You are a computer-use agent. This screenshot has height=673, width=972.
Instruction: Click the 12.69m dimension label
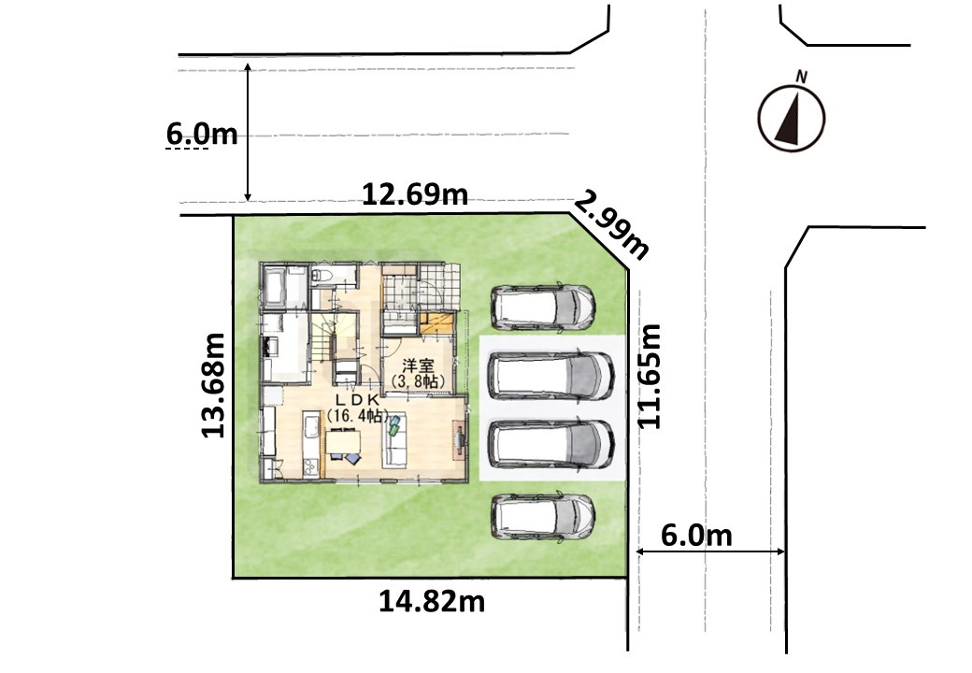point(415,194)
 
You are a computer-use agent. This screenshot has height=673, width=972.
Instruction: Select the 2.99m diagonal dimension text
point(611,224)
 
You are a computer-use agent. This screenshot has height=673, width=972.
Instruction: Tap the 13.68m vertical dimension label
point(213,385)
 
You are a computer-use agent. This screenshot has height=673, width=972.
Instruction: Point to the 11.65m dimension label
point(650,376)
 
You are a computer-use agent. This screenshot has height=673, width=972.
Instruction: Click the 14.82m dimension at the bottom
point(432,601)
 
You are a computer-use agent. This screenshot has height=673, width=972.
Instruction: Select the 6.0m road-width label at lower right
point(696,536)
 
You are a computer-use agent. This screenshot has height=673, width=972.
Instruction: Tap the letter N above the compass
point(802,77)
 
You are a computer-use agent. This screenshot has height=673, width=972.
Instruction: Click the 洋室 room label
point(418,365)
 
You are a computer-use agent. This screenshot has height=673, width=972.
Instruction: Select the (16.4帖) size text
point(358,415)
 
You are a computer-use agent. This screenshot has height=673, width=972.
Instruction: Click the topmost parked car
point(543,307)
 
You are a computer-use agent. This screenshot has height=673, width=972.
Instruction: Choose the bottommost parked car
point(543,516)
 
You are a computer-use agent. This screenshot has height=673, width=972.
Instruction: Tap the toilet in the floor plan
point(322,275)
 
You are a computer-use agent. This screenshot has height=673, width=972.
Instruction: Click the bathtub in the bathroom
point(275,286)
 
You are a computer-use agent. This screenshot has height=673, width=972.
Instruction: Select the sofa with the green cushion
point(394,439)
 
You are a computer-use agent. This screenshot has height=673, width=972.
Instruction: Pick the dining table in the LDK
point(343,442)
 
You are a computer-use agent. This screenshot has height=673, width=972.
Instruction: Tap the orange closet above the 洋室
point(437,323)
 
